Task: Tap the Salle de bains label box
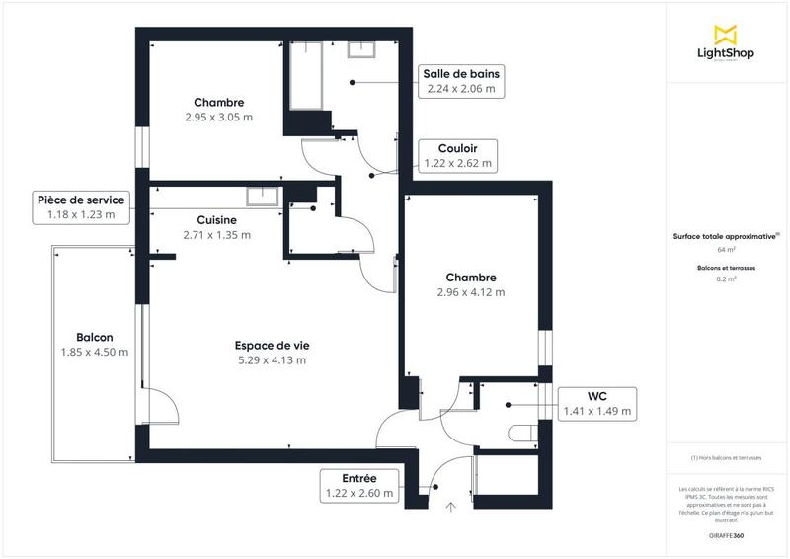point(461,81)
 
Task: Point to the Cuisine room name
point(216,219)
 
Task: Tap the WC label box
point(597,403)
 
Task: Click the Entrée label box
point(359,485)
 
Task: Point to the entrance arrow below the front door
point(451,508)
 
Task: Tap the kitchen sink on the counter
point(265,195)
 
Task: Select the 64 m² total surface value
point(726,250)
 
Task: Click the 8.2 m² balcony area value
point(726,279)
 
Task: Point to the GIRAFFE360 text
point(726,534)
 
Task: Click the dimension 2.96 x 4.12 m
point(470,292)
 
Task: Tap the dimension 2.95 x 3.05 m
point(218,117)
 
